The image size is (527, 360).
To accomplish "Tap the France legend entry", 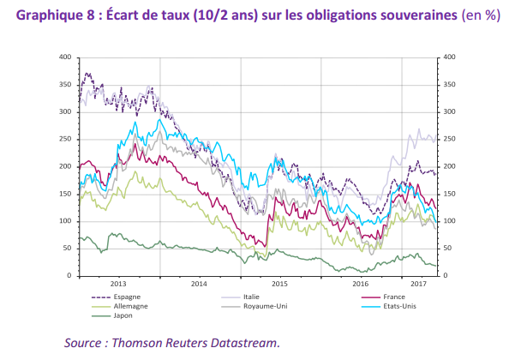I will pos(383,297).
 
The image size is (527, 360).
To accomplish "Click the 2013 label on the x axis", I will pos(118,284).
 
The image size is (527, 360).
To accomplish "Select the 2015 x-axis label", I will pos(280,284).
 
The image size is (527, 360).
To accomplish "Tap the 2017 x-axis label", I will pos(419,284).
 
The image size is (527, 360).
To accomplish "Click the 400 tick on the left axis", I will pos(65,57).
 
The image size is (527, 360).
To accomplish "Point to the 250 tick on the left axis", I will pos(65,140).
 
